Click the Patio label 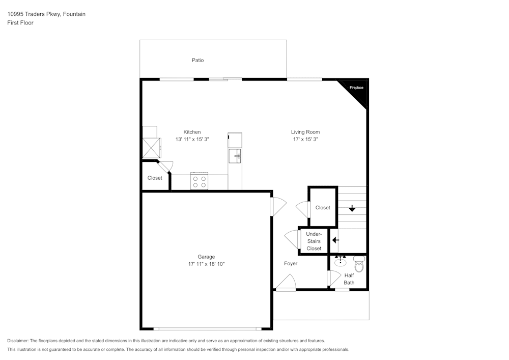[x=197, y=60]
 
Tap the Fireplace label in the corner [x=356, y=88]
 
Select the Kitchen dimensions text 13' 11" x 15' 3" [x=192, y=139]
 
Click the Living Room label [x=305, y=132]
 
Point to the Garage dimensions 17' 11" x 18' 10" [x=206, y=264]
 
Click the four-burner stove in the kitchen [x=200, y=181]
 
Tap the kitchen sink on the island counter [x=235, y=156]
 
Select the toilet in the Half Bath [x=359, y=264]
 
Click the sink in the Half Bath [x=340, y=261]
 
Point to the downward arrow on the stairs [x=352, y=208]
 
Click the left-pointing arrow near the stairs [x=335, y=240]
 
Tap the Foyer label [x=291, y=264]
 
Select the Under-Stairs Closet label [x=314, y=241]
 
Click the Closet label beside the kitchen [x=155, y=178]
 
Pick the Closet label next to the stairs [x=323, y=208]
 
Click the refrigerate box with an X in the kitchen [x=151, y=148]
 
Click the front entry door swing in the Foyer [x=286, y=282]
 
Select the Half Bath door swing [x=334, y=278]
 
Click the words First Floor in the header [x=20, y=23]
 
